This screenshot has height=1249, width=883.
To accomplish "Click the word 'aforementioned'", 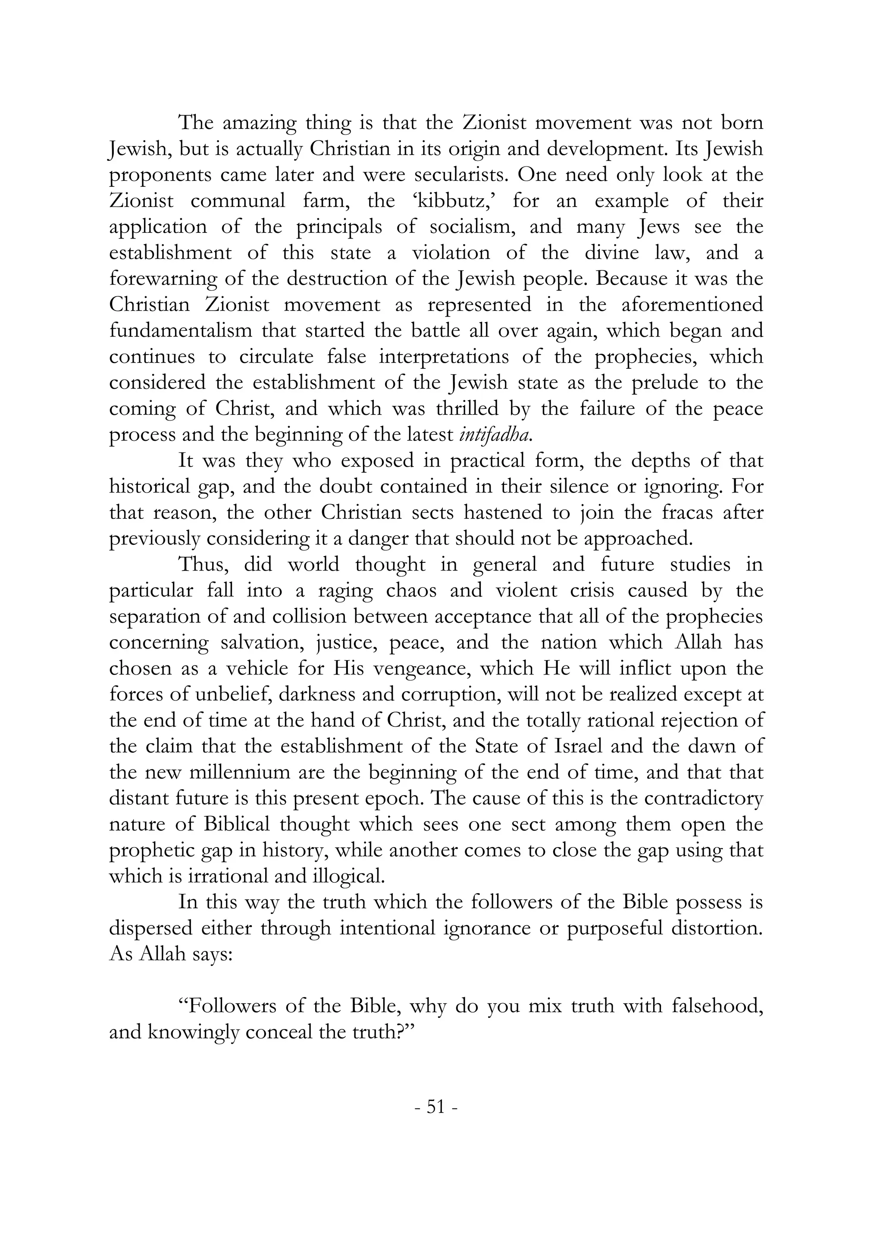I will (692, 304).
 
